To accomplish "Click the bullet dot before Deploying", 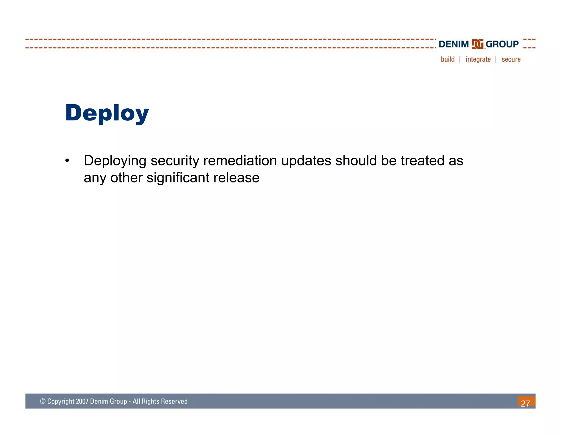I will [67, 161].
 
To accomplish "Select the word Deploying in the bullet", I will [115, 161].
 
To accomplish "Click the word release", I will [236, 178].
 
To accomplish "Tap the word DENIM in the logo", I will [454, 44].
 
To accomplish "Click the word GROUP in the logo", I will [502, 44].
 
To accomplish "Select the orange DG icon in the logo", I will [477, 44].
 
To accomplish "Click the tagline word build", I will [448, 59].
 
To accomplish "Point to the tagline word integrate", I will [478, 60].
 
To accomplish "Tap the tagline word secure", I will [511, 59].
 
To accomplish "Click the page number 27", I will [525, 403].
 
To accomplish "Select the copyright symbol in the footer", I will [43, 401].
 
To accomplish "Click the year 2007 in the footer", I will [82, 401].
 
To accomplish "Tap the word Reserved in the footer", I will [174, 401].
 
